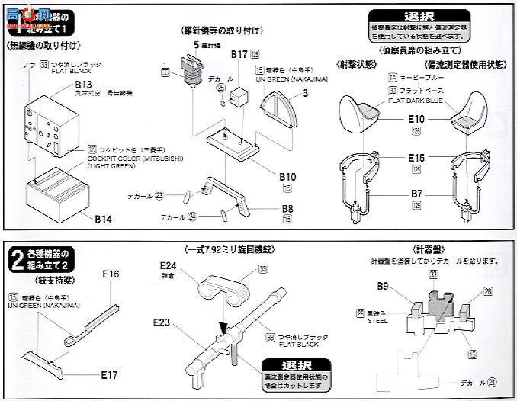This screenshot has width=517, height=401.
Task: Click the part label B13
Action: [85, 84]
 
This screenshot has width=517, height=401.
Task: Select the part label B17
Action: [239, 55]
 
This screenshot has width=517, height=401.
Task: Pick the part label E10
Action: [416, 119]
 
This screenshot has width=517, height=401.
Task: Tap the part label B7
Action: [416, 194]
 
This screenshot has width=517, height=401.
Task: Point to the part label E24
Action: [169, 267]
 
